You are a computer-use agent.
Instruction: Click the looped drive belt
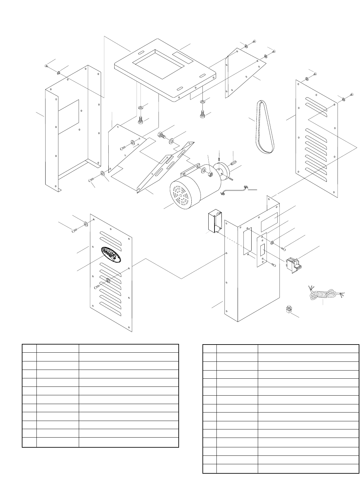264,127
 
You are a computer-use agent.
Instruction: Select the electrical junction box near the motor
214,222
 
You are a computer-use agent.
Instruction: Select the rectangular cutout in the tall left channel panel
68,117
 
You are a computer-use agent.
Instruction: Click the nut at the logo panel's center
108,280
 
